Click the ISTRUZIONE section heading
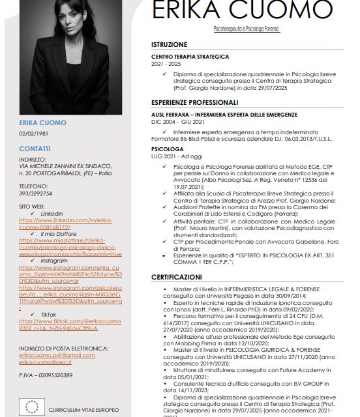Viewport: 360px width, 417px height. tap(169, 44)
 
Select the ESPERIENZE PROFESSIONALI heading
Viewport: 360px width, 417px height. tap(194, 102)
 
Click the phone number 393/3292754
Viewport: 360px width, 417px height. tap(35, 194)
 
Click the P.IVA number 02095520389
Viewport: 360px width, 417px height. tap(46, 375)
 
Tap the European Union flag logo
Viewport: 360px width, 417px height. tap(31, 407)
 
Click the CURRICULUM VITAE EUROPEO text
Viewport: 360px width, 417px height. tap(83, 410)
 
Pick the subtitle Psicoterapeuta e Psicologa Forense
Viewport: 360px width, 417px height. tap(247, 30)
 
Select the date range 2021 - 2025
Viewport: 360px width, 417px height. tap(166, 65)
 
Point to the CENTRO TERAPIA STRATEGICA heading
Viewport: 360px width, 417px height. tap(190, 57)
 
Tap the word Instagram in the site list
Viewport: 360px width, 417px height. tap(54, 261)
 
